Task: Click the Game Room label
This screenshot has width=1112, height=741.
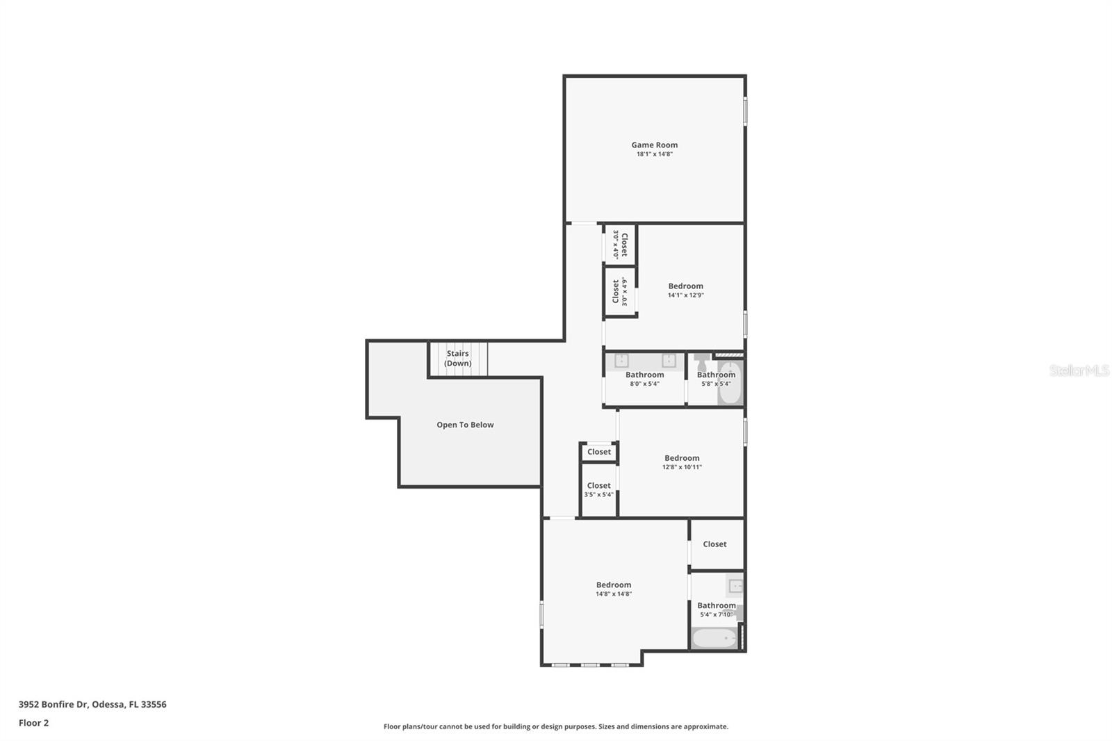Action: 654,145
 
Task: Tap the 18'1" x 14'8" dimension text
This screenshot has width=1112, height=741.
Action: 654,154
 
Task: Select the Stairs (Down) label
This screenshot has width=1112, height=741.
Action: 458,358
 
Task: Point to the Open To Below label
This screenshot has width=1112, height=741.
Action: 465,425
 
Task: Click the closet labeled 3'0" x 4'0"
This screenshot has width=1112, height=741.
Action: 620,245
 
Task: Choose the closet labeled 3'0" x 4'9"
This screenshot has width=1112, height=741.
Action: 620,291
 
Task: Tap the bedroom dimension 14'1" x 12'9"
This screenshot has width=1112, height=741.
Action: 685,295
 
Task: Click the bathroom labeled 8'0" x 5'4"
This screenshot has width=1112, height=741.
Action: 644,379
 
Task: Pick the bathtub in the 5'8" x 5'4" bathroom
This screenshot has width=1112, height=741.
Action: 730,382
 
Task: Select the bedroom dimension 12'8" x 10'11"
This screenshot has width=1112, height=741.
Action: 682,467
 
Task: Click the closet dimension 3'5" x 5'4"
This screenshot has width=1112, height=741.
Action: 598,495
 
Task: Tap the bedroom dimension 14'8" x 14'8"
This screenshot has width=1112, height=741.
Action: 614,594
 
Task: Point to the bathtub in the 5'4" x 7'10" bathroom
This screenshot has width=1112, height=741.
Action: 715,638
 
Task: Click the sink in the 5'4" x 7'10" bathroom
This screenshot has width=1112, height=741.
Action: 735,586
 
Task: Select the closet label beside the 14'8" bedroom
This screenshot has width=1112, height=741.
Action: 715,544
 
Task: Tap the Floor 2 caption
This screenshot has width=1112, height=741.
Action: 34,723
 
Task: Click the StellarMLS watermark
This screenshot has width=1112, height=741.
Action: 1079,370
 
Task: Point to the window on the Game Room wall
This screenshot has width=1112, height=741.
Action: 745,111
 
